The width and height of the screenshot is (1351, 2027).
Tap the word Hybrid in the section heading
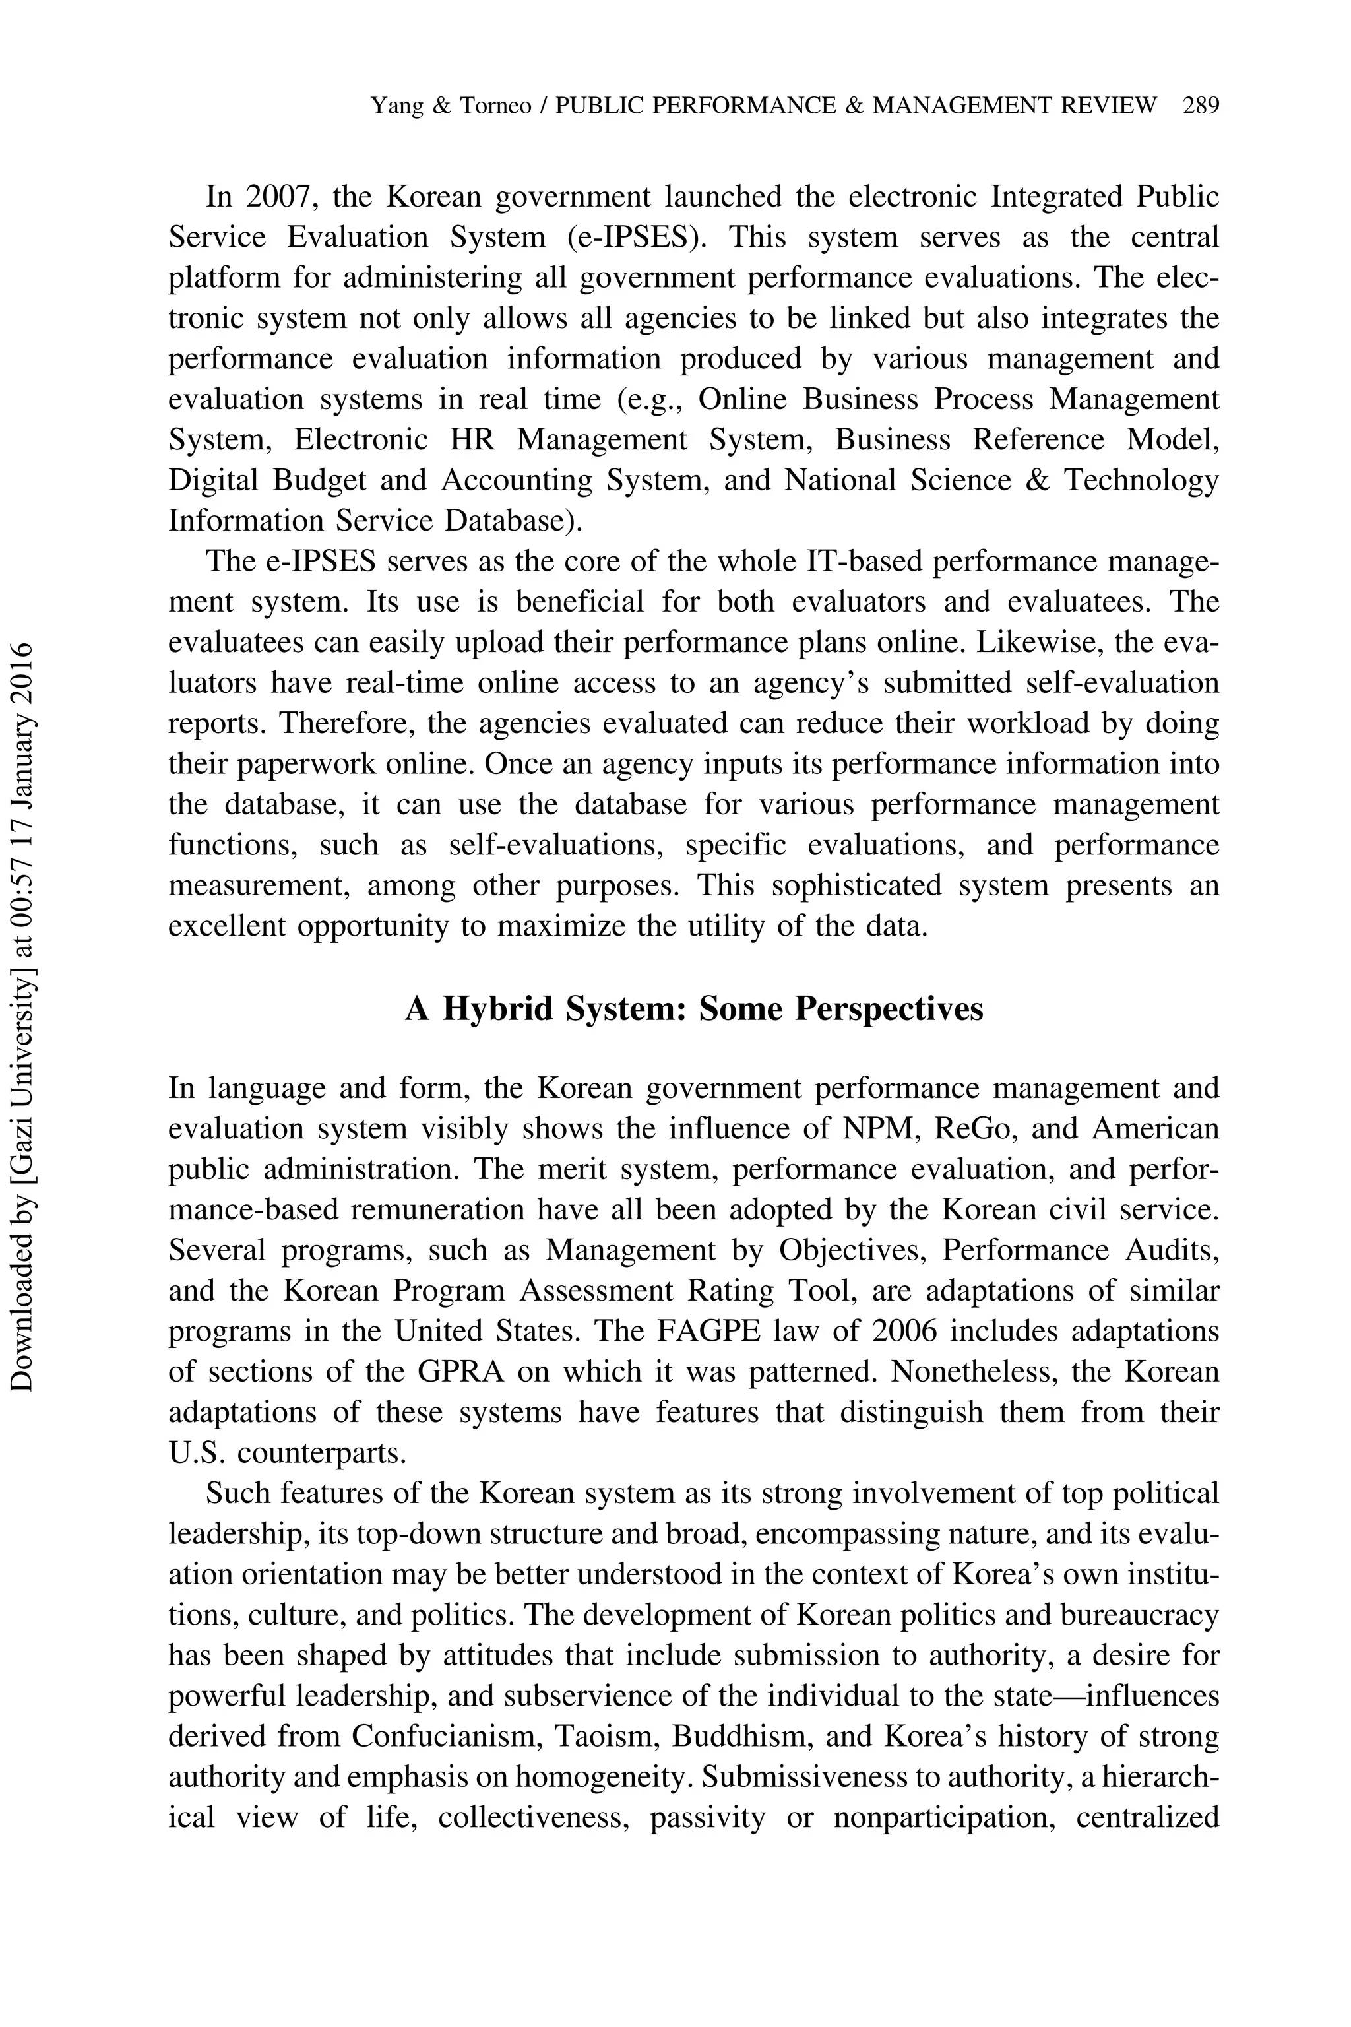(x=498, y=1008)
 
